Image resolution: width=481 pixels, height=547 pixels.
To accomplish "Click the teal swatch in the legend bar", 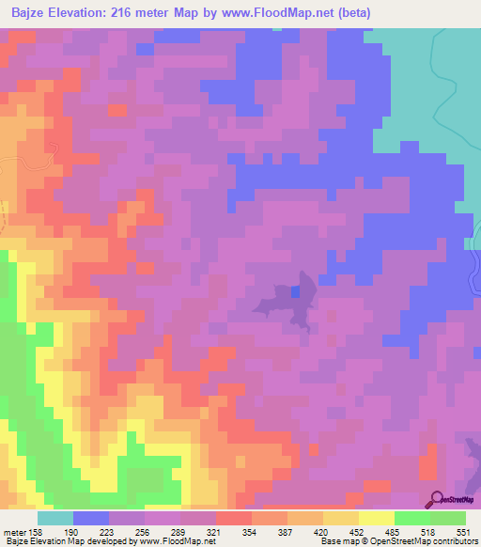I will [55, 518].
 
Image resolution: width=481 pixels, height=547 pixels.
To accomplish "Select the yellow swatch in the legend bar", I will [377, 518].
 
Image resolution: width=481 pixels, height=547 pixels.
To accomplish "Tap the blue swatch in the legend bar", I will [91, 518].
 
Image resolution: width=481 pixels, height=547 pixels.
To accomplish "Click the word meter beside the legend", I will [16, 531].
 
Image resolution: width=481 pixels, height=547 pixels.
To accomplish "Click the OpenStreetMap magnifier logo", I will [434, 500].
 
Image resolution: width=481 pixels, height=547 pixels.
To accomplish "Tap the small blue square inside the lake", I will [296, 292].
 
